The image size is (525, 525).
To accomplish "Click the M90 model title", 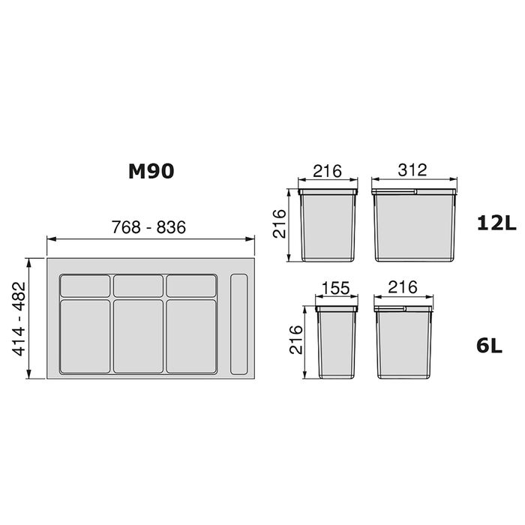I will (x=150, y=171).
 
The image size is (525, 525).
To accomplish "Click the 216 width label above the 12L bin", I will (x=327, y=170).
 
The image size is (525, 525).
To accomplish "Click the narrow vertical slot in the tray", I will (x=239, y=324).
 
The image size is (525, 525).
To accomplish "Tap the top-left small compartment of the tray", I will (x=84, y=286).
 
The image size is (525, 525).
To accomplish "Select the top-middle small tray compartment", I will (x=139, y=286).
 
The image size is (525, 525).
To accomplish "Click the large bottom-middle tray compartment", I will (x=139, y=336).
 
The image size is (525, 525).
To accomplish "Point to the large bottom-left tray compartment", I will (x=84, y=336).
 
